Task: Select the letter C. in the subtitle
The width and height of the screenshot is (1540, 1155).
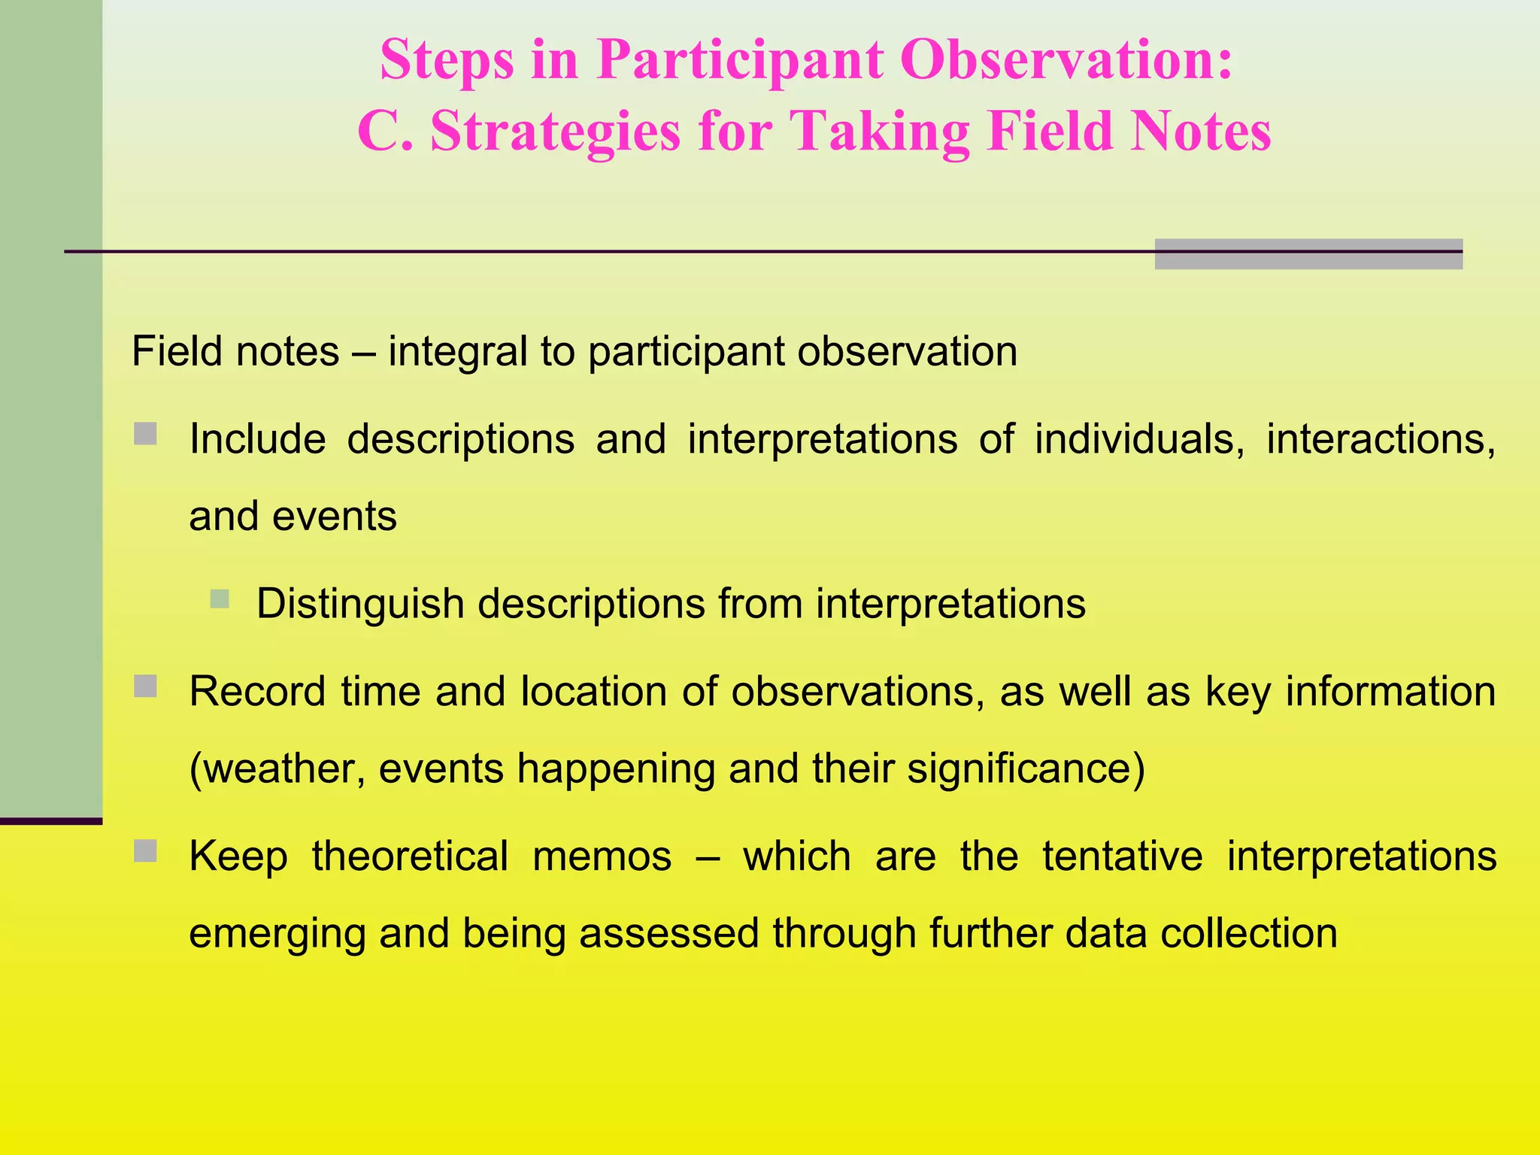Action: (x=384, y=132)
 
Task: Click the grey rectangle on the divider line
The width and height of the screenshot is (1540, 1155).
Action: (x=1308, y=254)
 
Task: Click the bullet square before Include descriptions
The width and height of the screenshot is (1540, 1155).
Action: (x=145, y=434)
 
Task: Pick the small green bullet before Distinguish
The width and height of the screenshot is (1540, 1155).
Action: (x=220, y=599)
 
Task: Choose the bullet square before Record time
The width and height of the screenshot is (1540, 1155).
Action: (x=145, y=686)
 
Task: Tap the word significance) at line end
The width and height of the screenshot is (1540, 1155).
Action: (x=1026, y=769)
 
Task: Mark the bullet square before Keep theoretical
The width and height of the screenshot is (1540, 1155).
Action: (x=145, y=851)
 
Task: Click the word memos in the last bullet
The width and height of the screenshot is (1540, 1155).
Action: (x=602, y=856)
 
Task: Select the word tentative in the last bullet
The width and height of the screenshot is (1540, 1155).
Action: (x=1122, y=856)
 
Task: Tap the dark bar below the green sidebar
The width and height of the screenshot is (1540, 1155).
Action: (x=50, y=821)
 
